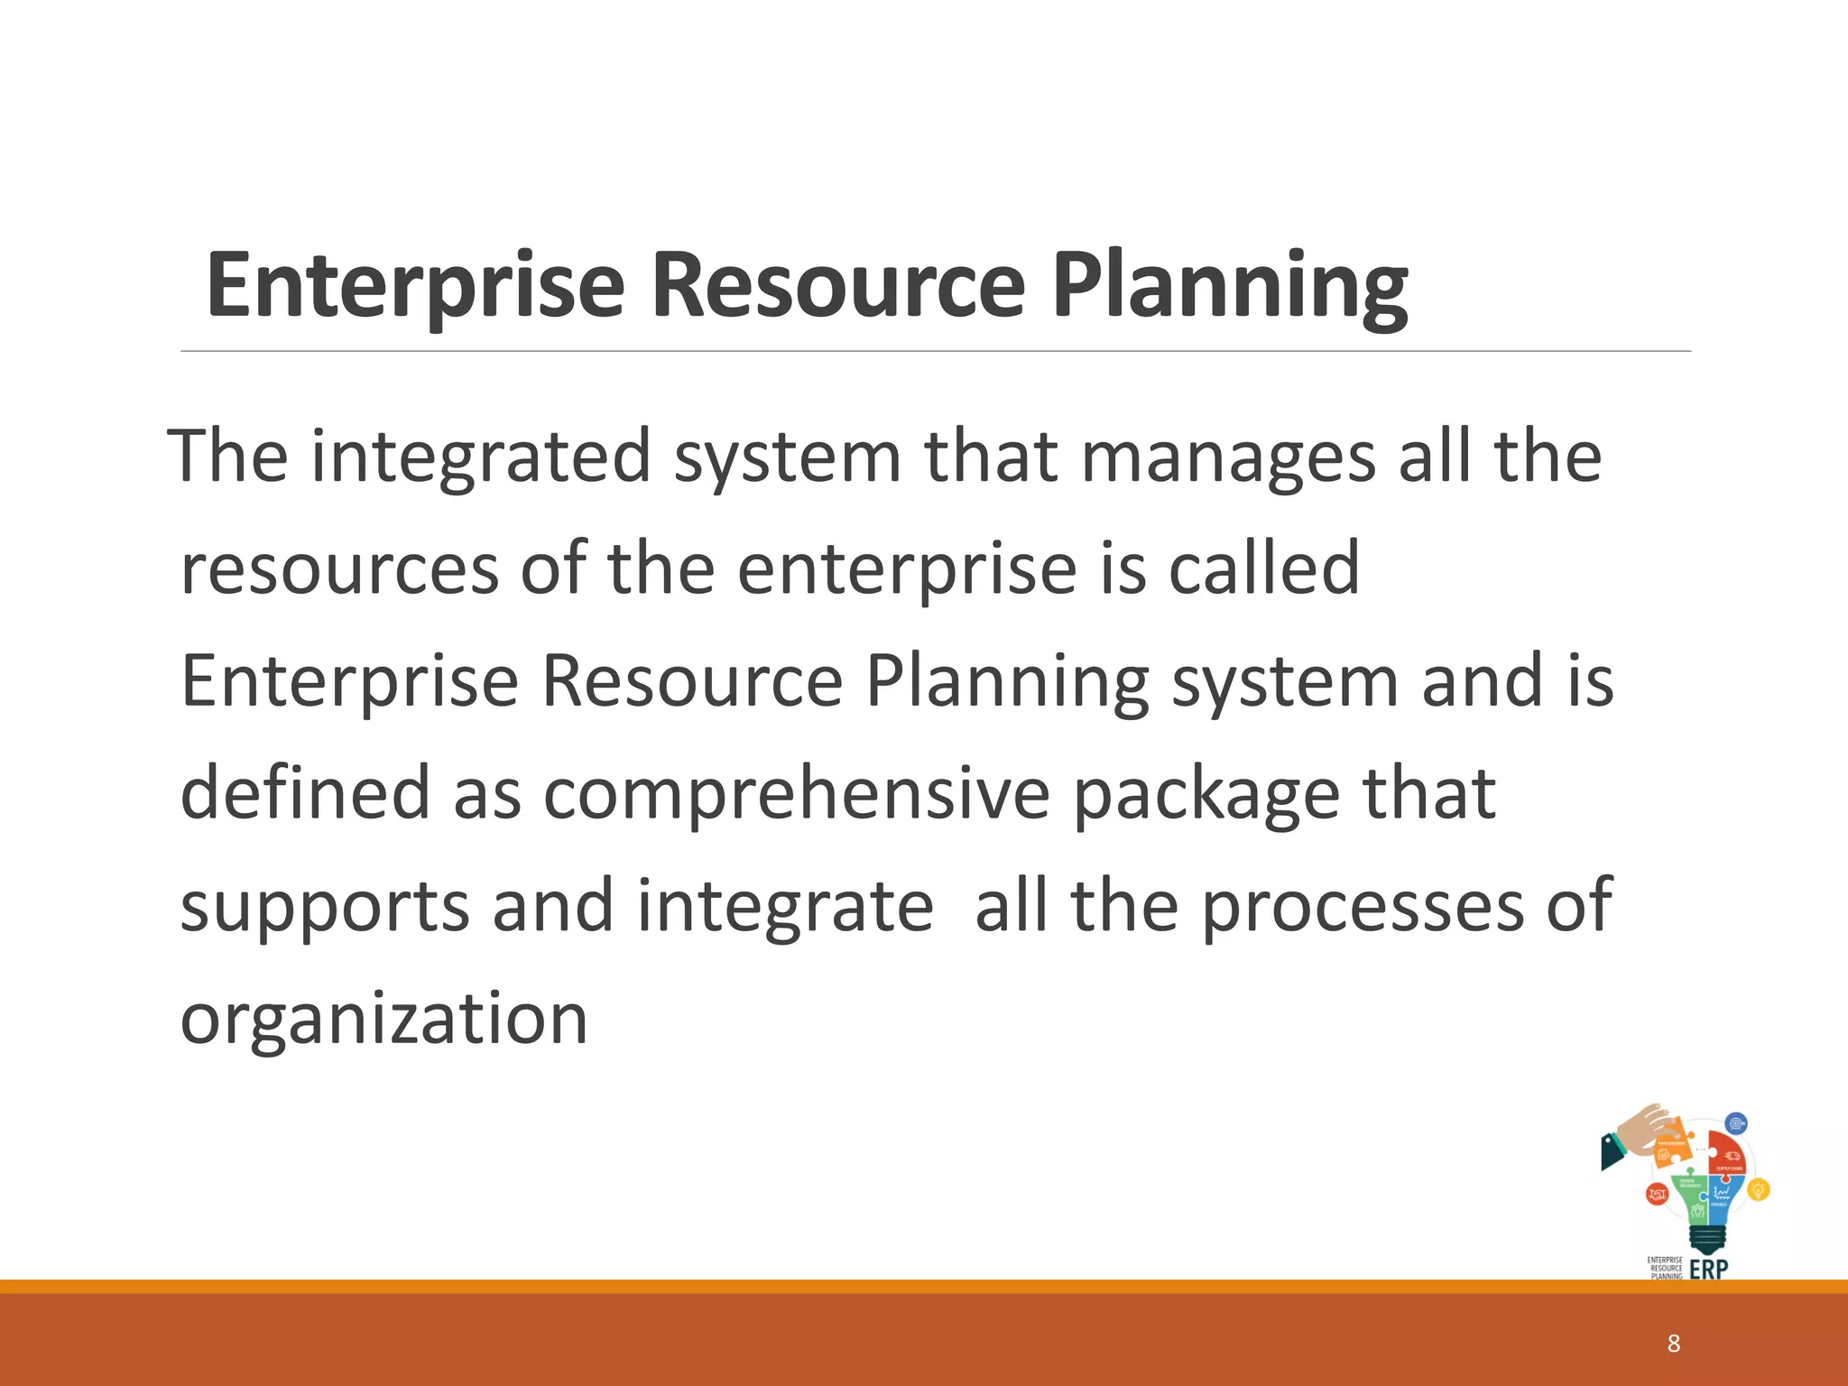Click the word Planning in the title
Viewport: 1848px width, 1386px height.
coord(1230,286)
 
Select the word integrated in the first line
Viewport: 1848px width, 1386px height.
coord(481,456)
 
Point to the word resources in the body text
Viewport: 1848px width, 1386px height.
coord(339,568)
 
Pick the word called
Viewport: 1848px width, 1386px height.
coord(1263,568)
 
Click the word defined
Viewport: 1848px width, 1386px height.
coord(305,792)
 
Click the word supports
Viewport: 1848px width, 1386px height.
coord(325,907)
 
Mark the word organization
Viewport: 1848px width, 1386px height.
coord(384,1018)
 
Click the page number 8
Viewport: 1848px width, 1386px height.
coord(1674,1344)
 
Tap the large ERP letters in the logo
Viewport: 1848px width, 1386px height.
coord(1708,1269)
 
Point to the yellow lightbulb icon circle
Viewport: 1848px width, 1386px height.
coord(1758,1190)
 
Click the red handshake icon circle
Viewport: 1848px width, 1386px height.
coord(1657,1195)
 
